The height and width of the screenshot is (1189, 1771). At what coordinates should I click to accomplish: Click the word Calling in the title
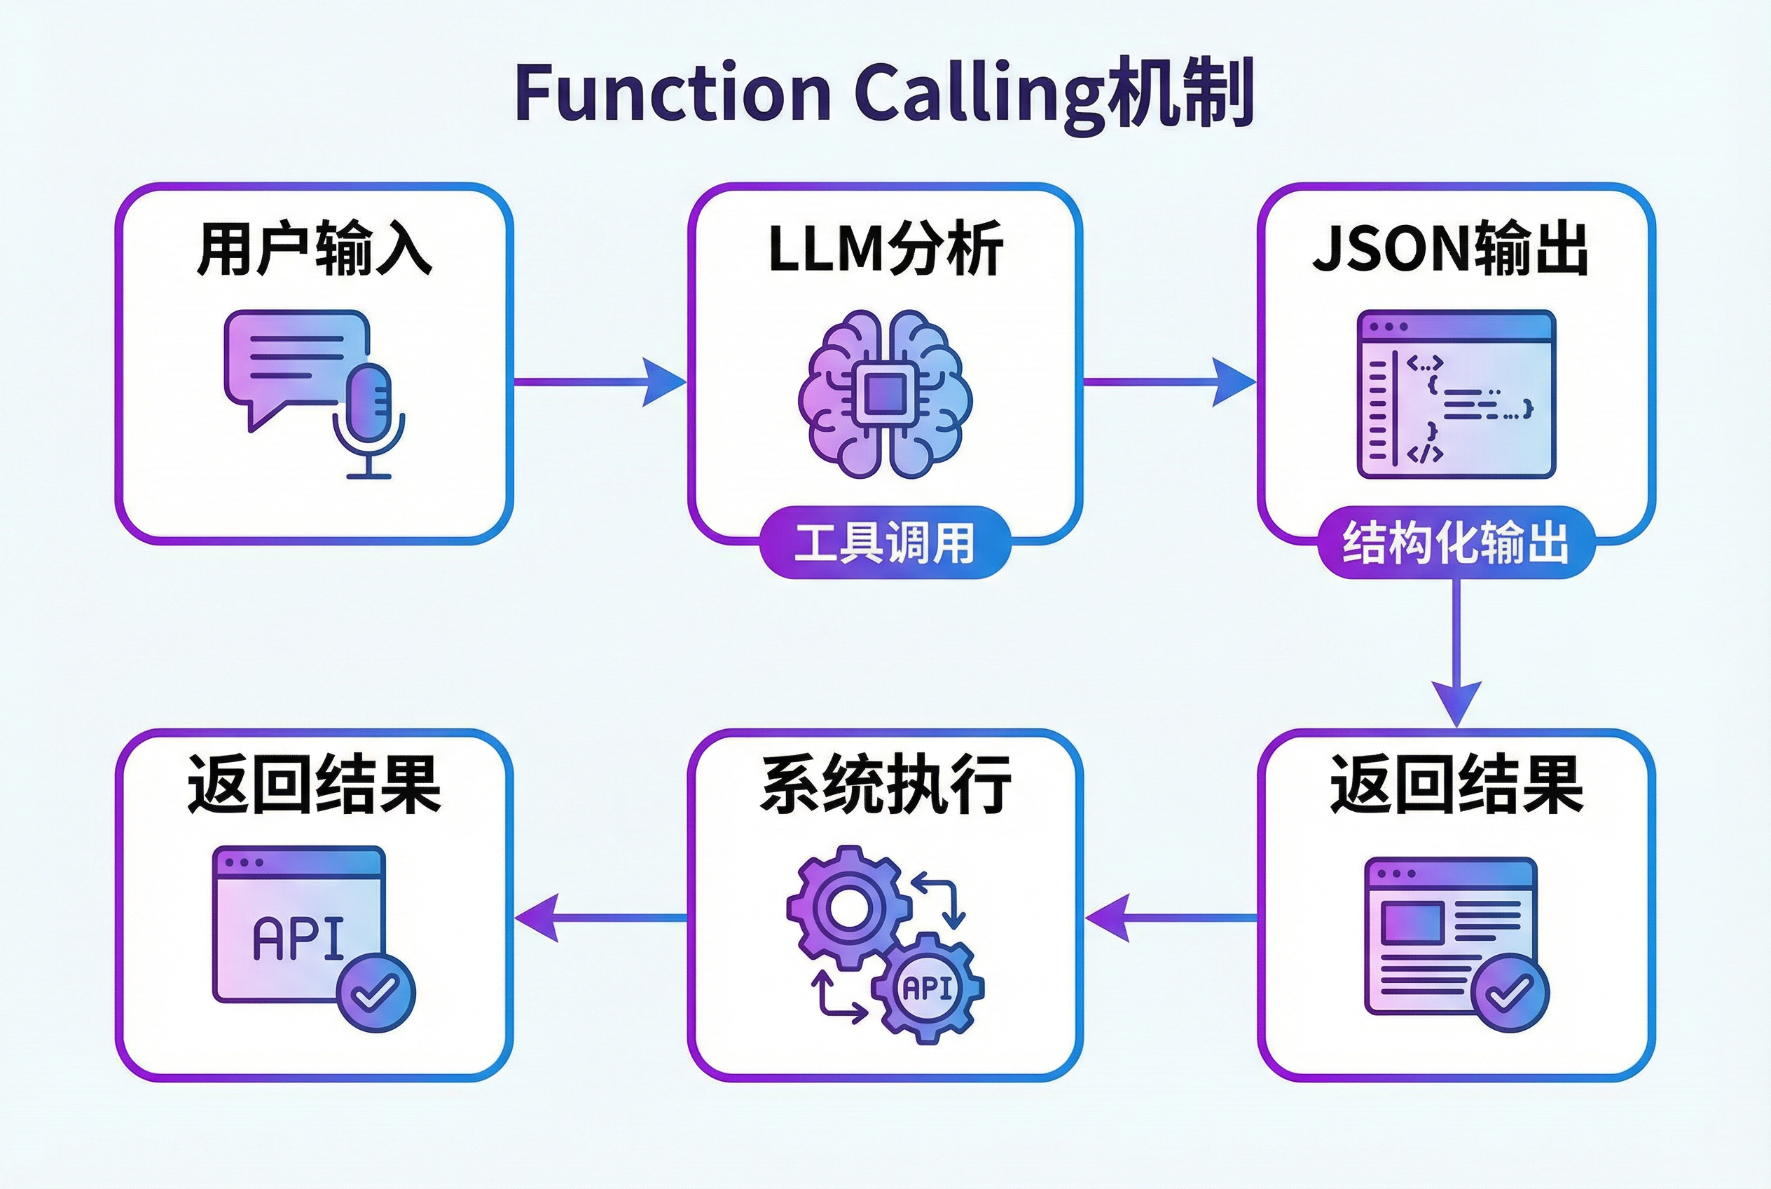click(977, 93)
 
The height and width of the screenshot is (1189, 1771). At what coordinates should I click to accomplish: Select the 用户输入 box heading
click(314, 249)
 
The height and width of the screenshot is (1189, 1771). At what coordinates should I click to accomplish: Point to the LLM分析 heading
click(885, 249)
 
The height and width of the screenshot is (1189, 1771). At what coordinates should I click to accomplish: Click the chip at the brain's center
click(883, 394)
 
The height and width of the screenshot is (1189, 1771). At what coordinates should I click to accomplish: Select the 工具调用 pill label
click(884, 542)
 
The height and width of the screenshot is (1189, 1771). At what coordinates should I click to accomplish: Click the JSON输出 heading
click(1449, 249)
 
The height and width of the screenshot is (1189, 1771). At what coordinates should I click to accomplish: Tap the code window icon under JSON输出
click(1456, 394)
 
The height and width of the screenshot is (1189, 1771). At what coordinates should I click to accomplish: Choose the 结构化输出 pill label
click(1456, 543)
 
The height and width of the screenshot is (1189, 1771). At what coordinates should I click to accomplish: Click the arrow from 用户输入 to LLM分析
click(599, 381)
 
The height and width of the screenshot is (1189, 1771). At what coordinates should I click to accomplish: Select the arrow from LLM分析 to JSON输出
click(1169, 381)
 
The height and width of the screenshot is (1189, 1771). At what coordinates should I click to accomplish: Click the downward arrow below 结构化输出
click(1456, 652)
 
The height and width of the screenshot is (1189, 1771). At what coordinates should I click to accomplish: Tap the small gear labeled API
click(928, 988)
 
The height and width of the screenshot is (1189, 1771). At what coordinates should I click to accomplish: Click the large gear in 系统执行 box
click(848, 907)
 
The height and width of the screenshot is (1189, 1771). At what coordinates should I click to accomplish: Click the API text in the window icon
click(298, 939)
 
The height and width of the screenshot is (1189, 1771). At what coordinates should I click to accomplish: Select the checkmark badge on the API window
click(376, 992)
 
